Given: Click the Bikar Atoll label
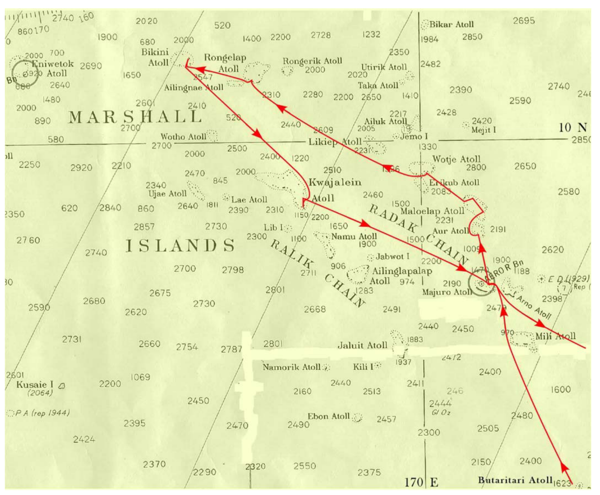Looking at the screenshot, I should tap(451, 25).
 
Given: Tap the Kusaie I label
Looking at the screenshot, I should tap(35, 385).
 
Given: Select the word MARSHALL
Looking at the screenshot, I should tap(135, 117).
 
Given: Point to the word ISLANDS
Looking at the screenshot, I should tap(180, 246).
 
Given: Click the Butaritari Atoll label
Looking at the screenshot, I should tap(515, 480).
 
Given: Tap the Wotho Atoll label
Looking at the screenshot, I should tap(183, 136).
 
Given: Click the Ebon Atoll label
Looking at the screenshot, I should tap(329, 416).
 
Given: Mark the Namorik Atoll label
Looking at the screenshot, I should tap(292, 367).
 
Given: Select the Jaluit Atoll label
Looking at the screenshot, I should tap(362, 345).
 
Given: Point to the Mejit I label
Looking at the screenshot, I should tap(484, 130).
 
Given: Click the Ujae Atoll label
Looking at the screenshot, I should tap(168, 194).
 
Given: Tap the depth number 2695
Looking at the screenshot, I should tap(524, 21).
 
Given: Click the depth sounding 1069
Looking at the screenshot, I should tap(140, 377).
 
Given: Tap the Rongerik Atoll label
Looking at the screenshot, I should tap(312, 61).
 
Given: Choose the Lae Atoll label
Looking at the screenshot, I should tap(249, 199).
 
